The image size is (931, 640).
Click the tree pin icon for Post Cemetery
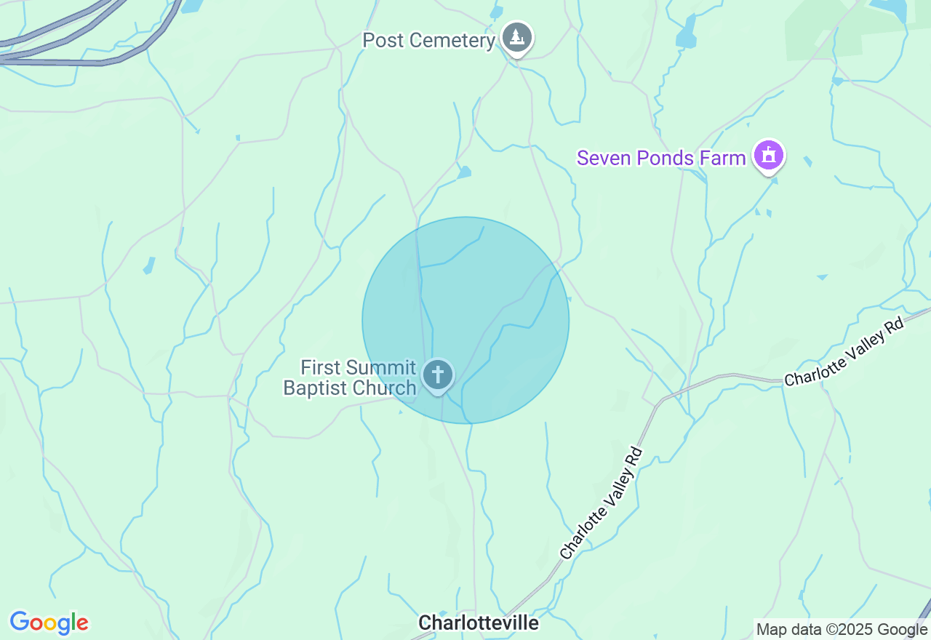[516, 36]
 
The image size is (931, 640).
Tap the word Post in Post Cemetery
[383, 40]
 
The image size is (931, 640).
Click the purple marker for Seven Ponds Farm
[769, 155]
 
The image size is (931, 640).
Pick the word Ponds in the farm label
[663, 158]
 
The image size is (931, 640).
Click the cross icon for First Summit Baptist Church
[437, 375]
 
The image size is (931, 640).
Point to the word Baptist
[313, 388]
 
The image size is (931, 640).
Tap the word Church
[383, 388]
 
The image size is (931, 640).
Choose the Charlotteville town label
[479, 623]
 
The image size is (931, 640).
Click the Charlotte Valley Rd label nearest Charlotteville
[601, 503]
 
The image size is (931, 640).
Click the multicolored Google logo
[49, 623]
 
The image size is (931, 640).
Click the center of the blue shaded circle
[465, 320]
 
